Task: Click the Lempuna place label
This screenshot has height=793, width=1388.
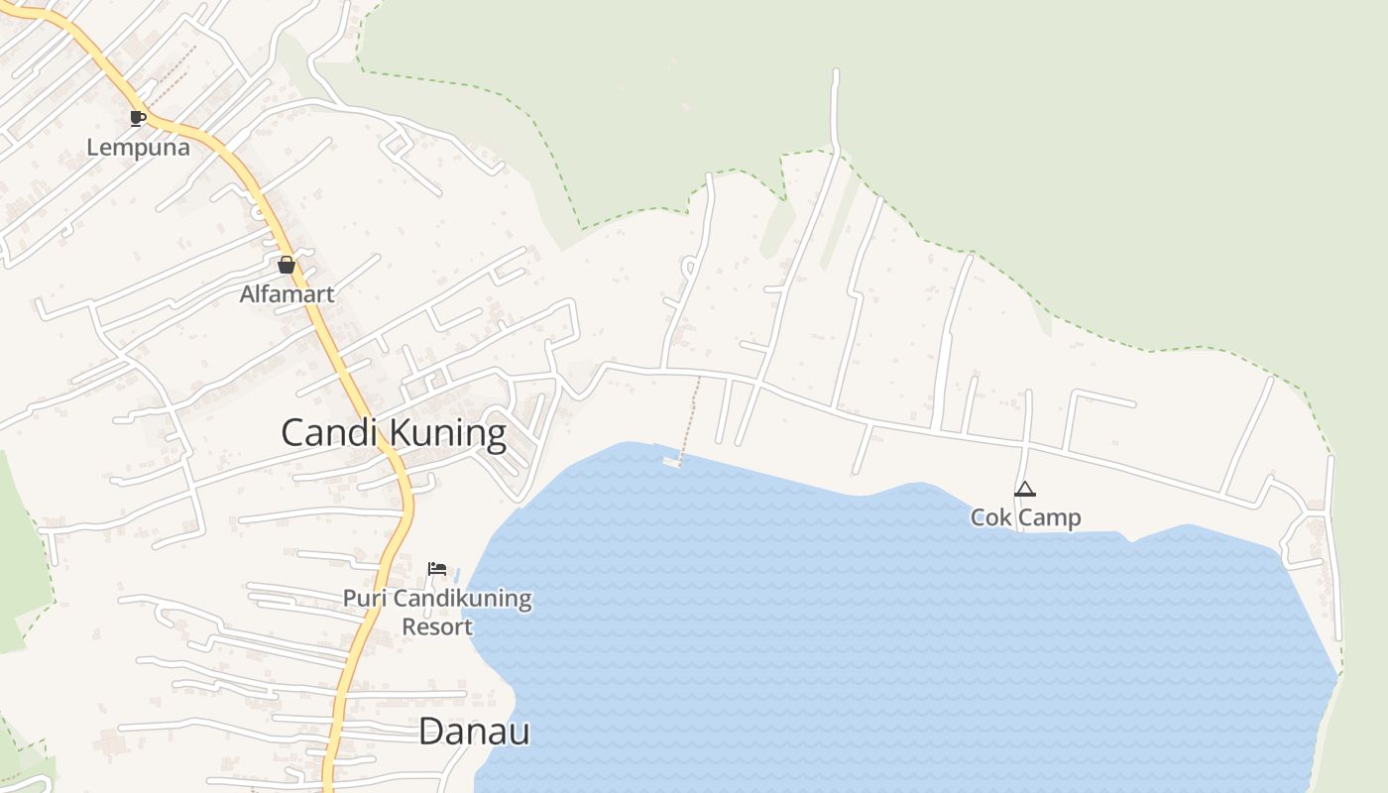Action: pos(138,148)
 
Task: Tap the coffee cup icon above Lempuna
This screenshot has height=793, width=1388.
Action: pos(138,119)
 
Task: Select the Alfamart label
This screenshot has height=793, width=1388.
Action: pos(288,294)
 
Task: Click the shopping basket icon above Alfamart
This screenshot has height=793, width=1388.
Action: pos(287,265)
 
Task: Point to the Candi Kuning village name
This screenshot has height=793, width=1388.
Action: pos(394,434)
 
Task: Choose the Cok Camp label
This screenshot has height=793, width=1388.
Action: pos(1025,517)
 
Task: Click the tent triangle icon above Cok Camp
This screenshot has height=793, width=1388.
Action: pos(1025,489)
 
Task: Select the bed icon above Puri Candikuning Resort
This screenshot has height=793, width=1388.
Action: pos(437,569)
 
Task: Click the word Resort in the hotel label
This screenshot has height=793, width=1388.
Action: pos(437,626)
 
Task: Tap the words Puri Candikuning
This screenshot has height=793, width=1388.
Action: pos(437,599)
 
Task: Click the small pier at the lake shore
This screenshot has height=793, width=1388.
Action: pos(672,461)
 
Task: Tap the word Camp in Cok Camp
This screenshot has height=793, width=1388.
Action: pos(1049,517)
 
